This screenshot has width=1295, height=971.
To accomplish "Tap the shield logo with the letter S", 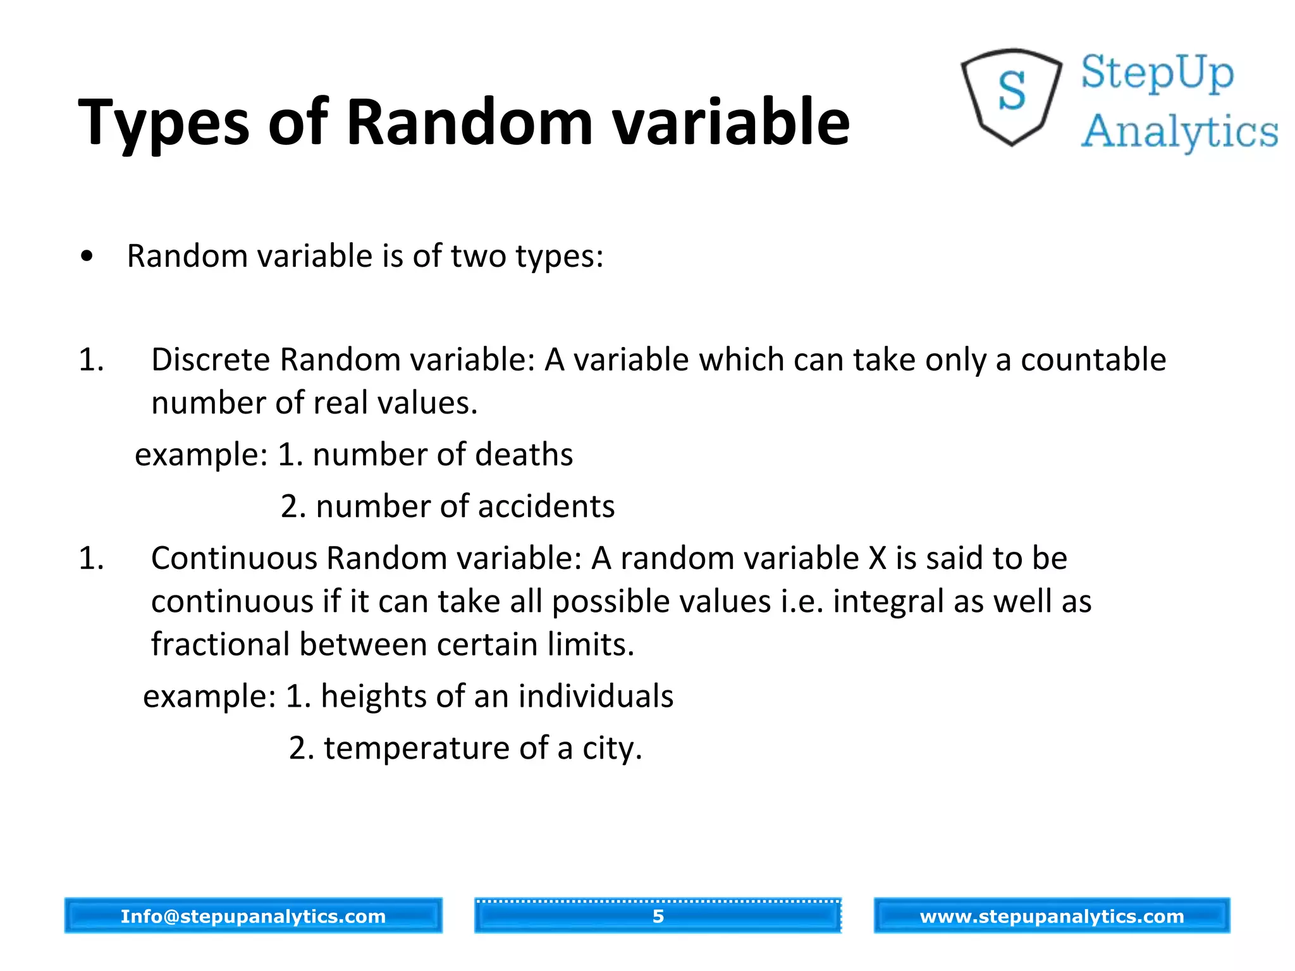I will [1012, 96].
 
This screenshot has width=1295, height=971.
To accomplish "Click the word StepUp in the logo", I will [1157, 73].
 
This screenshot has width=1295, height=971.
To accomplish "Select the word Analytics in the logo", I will [1179, 131].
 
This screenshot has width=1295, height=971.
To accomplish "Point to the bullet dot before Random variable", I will [87, 257].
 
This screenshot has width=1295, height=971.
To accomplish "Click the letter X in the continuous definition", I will [878, 558].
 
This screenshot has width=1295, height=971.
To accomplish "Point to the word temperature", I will [417, 748].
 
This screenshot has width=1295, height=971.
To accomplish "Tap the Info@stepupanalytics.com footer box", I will [253, 915].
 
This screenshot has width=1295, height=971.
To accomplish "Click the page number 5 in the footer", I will [658, 915].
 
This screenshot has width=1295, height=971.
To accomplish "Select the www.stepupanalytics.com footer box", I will [1052, 915].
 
